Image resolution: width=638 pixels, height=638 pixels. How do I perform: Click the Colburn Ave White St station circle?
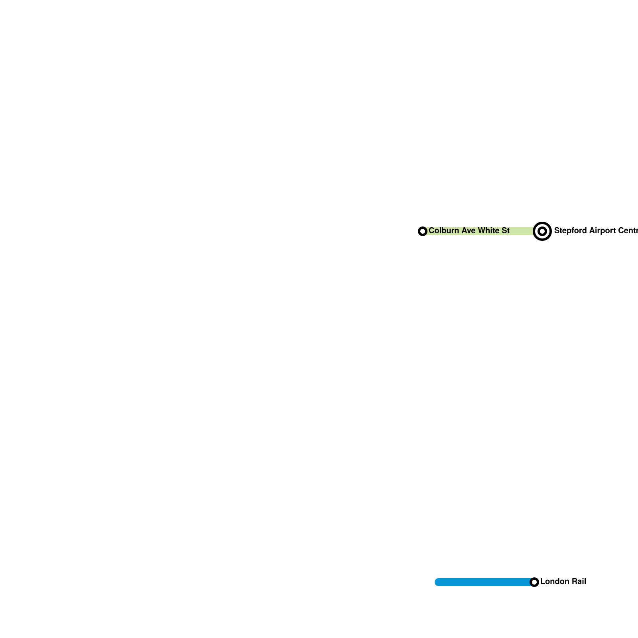423,231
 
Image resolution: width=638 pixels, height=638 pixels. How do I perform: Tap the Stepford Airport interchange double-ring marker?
542,231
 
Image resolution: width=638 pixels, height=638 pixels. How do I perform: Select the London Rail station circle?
534,582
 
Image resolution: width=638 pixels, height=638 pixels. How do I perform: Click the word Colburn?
444,230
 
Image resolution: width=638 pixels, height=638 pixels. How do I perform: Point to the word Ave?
468,230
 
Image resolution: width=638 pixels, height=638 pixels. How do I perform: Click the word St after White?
505,230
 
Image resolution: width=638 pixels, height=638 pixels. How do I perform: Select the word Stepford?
569,230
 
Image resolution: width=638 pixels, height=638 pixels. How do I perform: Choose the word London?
555,581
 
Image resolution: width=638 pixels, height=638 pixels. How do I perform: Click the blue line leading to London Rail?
482,582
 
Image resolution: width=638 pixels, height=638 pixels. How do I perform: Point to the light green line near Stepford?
522,231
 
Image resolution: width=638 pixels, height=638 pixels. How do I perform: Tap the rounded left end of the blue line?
437,582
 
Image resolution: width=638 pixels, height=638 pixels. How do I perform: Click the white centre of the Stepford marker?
542,231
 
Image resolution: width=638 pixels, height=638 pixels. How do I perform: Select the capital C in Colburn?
431,230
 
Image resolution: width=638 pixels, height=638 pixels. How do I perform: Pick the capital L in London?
543,581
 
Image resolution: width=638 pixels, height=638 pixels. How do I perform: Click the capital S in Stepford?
557,230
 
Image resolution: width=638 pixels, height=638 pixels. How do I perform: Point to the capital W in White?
482,230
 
